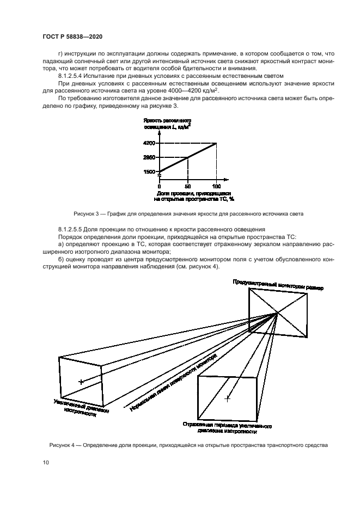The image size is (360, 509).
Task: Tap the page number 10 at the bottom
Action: click(46, 462)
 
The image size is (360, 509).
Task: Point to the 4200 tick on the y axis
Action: click(149, 143)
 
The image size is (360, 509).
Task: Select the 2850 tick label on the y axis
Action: click(149, 157)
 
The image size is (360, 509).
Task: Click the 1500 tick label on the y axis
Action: click(149, 171)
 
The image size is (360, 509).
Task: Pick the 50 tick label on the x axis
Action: click(188, 186)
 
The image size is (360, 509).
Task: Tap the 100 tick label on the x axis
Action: click(216, 186)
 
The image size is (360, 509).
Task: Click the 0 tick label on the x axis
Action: click(159, 186)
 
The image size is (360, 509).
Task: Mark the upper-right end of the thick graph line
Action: click(217, 143)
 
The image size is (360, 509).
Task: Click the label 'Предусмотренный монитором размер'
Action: click(278, 284)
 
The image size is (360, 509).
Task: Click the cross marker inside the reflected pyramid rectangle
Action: click(228, 399)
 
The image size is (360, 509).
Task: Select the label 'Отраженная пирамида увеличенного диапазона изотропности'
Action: click(228, 428)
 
